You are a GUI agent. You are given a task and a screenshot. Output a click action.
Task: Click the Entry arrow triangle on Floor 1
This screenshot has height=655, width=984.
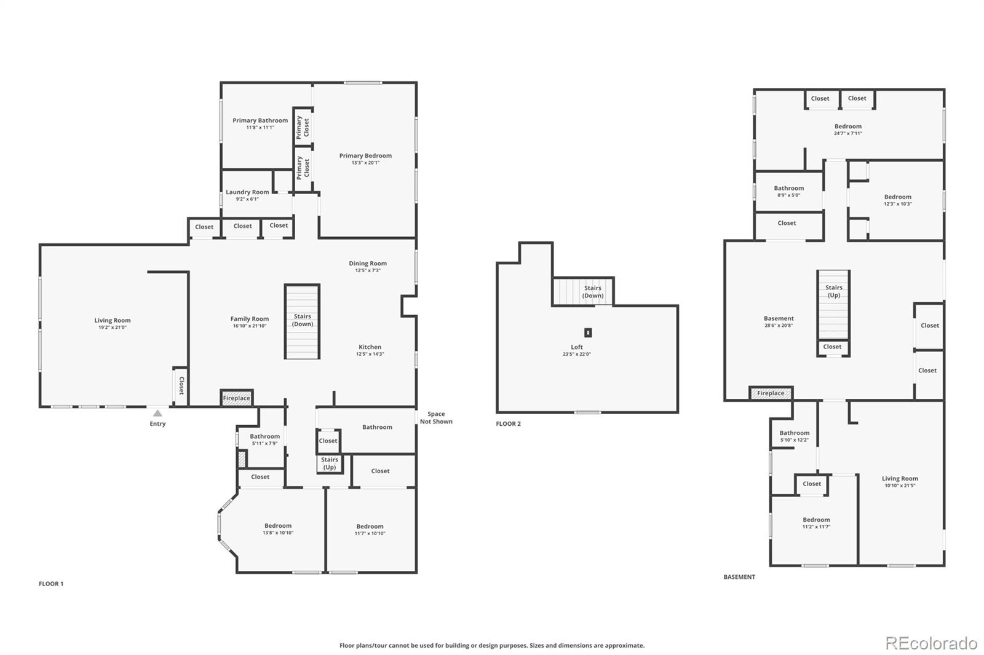tap(157, 414)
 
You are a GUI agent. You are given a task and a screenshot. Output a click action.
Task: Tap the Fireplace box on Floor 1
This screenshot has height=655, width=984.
tap(236, 398)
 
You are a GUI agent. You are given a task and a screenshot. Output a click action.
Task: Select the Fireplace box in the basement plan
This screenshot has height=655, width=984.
tap(771, 393)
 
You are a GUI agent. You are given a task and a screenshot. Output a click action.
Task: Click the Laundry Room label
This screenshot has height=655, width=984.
tap(247, 192)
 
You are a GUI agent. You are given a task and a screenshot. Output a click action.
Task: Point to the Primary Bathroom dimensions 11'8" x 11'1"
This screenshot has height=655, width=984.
tap(260, 128)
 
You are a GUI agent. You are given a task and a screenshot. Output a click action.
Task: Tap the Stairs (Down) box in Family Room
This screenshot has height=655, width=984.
tap(302, 321)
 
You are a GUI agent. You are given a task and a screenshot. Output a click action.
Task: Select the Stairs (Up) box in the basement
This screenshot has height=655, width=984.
tap(833, 305)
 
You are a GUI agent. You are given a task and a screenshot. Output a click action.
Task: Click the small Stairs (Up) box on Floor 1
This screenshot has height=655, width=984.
tap(330, 463)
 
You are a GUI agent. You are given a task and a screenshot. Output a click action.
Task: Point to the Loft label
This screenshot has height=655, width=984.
tap(576, 347)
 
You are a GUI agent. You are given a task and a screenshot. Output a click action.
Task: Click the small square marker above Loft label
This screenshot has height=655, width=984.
tap(588, 332)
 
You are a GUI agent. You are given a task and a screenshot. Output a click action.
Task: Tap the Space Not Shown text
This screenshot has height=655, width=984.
tap(436, 418)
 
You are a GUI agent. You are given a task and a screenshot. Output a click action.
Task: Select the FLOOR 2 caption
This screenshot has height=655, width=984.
tap(508, 424)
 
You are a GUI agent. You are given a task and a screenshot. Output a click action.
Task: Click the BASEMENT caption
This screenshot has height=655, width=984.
tap(739, 577)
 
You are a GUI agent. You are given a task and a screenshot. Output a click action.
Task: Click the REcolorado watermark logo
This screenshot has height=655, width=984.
tap(931, 643)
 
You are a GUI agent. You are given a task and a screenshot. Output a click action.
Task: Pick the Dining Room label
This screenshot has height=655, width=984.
tap(368, 264)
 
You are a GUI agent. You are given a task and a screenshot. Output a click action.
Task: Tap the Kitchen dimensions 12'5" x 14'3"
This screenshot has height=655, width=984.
tap(370, 355)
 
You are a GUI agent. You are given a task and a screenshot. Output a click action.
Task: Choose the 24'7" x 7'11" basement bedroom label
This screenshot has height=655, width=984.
tap(847, 133)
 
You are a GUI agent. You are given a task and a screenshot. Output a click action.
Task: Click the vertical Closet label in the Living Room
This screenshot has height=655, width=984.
tap(181, 386)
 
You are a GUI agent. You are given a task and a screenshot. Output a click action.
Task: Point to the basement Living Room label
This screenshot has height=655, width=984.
tap(900, 479)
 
